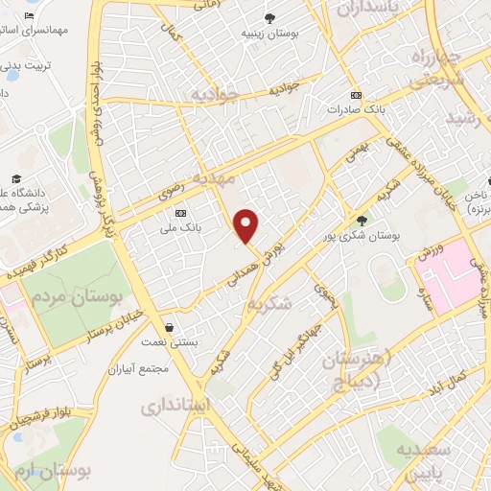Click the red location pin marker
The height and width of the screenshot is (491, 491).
pos(247,225)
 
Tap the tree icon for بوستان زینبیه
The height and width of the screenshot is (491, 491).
pos(272,18)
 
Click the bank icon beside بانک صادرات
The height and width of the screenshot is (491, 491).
pos(357,96)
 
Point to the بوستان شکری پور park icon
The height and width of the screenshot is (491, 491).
pos(362,220)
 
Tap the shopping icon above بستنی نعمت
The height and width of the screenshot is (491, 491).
pos(169,327)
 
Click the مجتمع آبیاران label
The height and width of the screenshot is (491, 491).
pos(140,368)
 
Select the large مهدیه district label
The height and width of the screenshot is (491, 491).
pos(214,178)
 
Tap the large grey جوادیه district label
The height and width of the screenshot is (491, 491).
pos(214,96)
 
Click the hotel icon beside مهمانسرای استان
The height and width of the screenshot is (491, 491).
pos(30,16)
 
